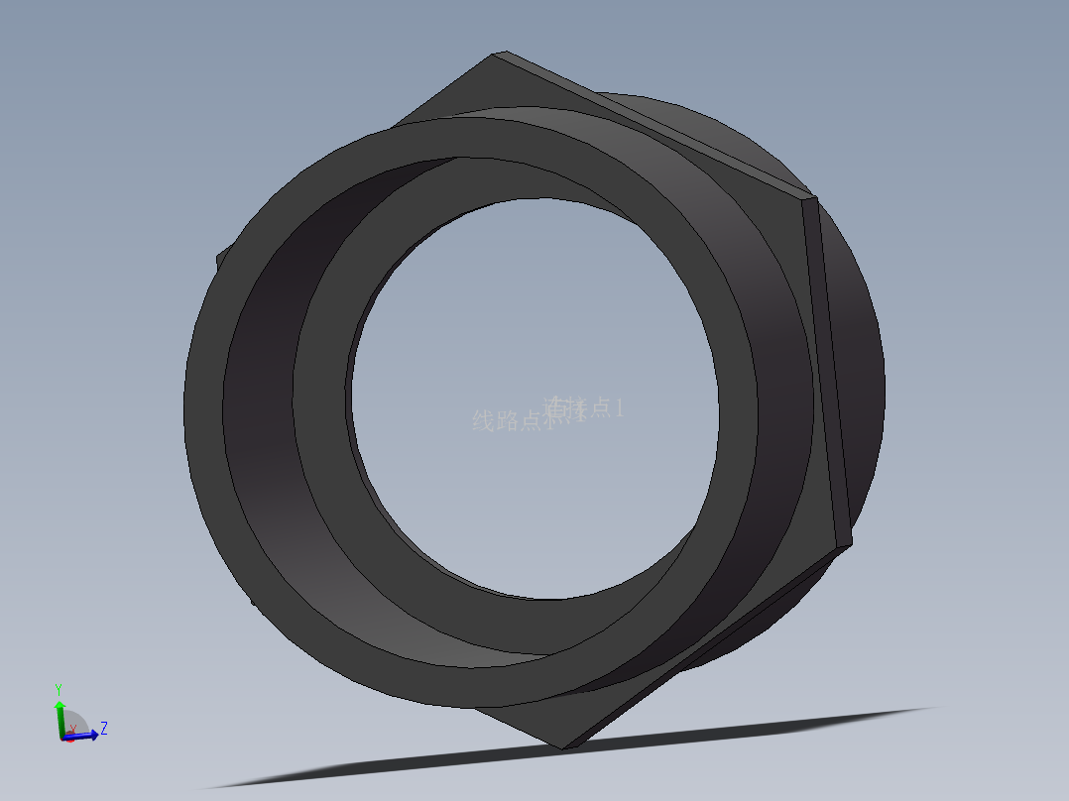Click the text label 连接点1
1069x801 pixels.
click(587, 406)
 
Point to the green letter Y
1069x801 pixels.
click(59, 688)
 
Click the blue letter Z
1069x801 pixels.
click(104, 728)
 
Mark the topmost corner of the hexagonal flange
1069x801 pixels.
click(496, 55)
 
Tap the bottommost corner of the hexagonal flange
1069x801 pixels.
click(564, 745)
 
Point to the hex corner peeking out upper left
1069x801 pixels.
click(219, 260)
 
